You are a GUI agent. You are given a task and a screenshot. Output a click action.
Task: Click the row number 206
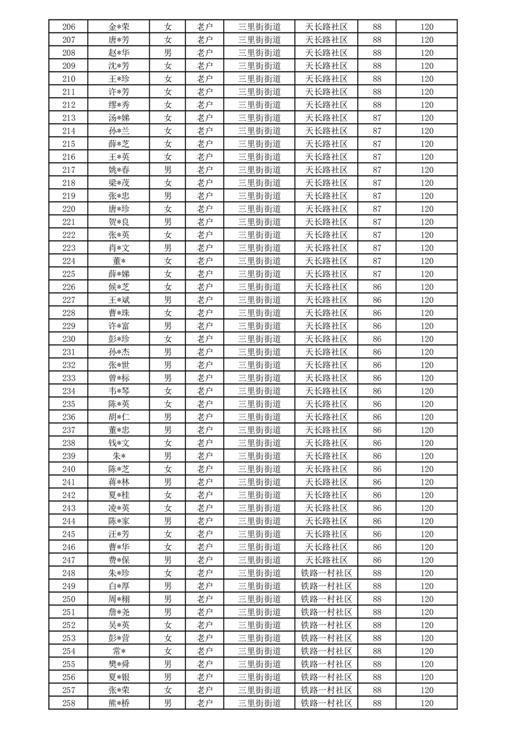[x=68, y=27]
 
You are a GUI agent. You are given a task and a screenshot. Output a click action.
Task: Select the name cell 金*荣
[x=119, y=27]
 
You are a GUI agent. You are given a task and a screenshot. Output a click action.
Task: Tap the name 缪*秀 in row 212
[x=119, y=105]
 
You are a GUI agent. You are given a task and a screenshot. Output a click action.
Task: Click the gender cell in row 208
[x=168, y=53]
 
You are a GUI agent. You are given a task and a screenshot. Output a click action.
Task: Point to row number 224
[x=68, y=261]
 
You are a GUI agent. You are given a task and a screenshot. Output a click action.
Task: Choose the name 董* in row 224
[x=119, y=261]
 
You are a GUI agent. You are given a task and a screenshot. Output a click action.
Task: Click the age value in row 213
[x=377, y=118]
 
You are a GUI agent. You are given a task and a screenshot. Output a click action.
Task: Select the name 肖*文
[x=119, y=248]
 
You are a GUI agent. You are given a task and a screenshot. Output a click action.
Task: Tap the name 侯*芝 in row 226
[x=119, y=287]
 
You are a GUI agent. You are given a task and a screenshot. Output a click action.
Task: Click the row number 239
[x=68, y=456]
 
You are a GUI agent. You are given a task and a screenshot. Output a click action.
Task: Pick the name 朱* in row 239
[x=119, y=456]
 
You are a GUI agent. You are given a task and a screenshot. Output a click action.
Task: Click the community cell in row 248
[x=326, y=573]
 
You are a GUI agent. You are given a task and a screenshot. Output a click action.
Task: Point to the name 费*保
[x=119, y=560]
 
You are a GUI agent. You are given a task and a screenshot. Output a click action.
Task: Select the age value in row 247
[x=377, y=560]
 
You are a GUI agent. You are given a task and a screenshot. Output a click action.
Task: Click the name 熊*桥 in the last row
[x=119, y=703]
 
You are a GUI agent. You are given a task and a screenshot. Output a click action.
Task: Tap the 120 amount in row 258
[x=426, y=703]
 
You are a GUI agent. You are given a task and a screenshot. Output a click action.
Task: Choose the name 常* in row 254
[x=119, y=651]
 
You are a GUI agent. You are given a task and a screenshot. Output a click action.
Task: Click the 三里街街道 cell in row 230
[x=259, y=339]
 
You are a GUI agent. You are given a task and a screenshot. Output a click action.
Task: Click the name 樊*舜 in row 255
[x=119, y=664]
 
